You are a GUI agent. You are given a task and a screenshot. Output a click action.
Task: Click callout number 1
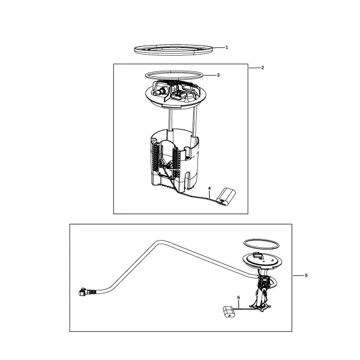point(227,47)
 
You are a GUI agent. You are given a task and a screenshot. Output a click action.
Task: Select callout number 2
point(263,68)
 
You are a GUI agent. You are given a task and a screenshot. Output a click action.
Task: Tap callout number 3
point(218,75)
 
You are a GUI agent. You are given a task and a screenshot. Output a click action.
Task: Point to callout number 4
point(209,188)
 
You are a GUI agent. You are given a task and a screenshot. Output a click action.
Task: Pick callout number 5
point(306,275)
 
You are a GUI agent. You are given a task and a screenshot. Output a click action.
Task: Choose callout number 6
point(239,298)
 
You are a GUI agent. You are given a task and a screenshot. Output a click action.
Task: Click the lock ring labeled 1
point(173,54)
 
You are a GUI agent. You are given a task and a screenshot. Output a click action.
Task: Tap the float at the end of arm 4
point(226,197)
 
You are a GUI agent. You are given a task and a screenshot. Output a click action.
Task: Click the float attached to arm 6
point(229,312)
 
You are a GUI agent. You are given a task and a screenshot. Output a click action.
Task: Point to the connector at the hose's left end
point(83,292)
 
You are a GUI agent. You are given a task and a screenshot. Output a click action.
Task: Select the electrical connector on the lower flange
point(258,255)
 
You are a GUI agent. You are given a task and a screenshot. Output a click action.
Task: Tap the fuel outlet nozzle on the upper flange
point(158,92)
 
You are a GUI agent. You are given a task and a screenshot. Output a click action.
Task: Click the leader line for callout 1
point(218,47)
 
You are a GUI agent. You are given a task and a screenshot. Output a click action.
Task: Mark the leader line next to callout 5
point(298,275)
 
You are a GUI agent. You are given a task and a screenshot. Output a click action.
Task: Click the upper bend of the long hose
point(158,242)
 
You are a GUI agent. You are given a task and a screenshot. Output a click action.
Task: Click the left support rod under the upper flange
point(170,120)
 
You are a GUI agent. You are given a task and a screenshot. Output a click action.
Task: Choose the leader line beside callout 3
point(209,75)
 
